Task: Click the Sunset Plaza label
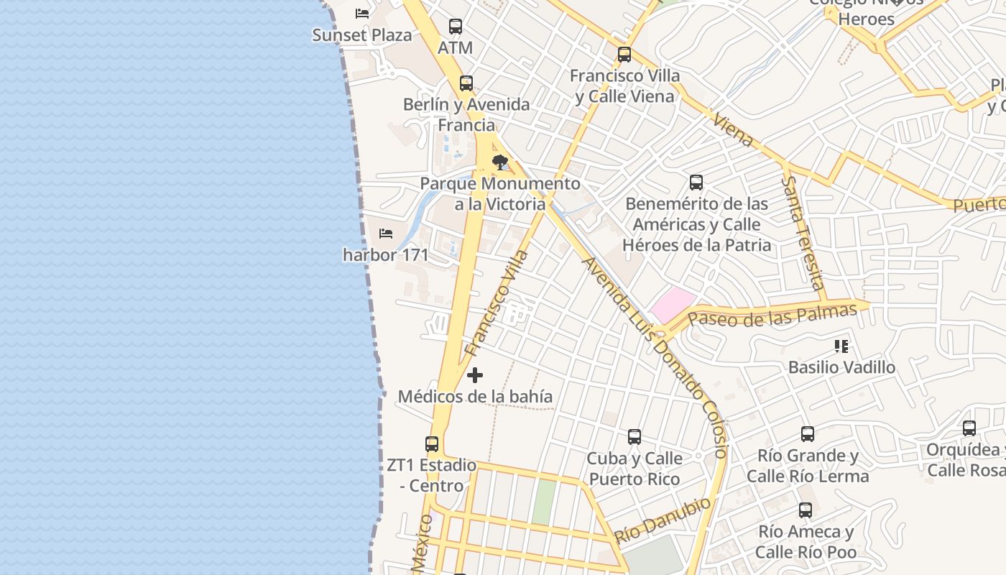[362, 35]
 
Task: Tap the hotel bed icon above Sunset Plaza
[362, 13]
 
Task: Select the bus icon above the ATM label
[456, 27]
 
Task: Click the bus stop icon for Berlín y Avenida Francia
[466, 83]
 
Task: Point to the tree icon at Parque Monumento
[499, 162]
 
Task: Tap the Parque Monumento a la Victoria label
[500, 194]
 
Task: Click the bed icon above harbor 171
[386, 234]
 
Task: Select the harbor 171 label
[386, 255]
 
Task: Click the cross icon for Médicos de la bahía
[475, 375]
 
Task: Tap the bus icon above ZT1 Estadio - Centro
[432, 444]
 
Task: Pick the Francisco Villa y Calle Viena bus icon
[624, 54]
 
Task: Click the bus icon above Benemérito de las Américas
[696, 183]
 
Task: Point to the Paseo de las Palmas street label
[772, 315]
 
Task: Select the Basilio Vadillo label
[841, 367]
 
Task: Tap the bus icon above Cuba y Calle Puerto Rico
[634, 436]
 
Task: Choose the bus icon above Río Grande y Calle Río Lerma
[808, 434]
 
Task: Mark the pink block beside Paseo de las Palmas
[673, 305]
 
